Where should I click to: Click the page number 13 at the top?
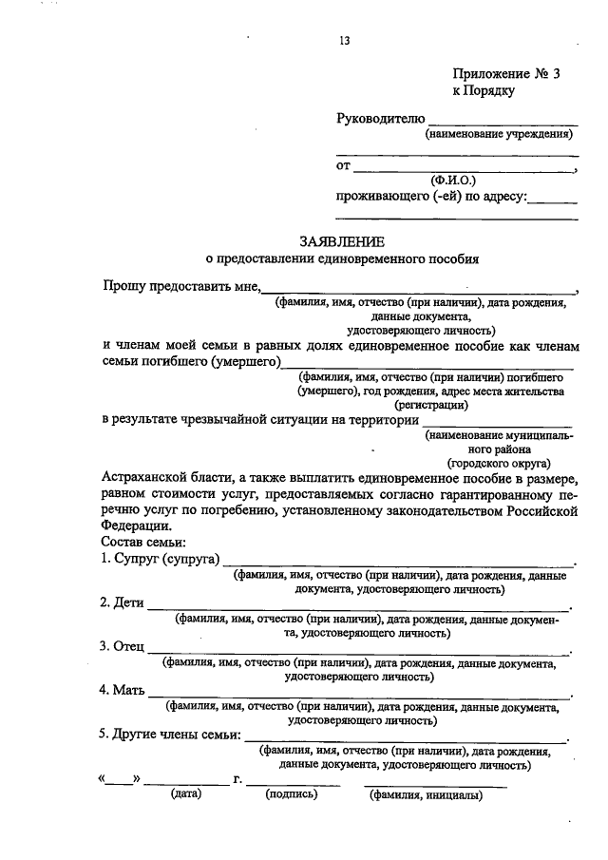pyautogui.click(x=344, y=41)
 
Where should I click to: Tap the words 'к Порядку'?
pyautogui.click(x=483, y=91)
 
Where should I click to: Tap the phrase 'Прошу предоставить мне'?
pyautogui.click(x=180, y=286)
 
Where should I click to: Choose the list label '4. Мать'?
pyautogui.click(x=122, y=691)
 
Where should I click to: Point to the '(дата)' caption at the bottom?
pyautogui.click(x=186, y=794)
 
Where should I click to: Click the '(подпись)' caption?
pyautogui.click(x=292, y=794)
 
